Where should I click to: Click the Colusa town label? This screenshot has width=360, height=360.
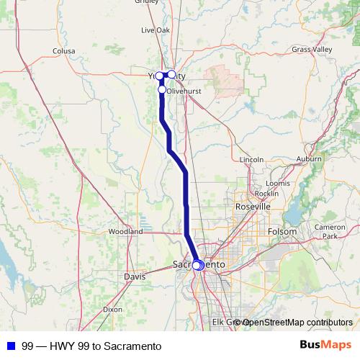[x=64, y=51]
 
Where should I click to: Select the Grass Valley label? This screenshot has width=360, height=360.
[x=312, y=49]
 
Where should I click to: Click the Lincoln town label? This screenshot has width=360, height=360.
[x=252, y=158]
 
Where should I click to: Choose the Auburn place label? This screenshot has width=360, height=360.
[x=309, y=158]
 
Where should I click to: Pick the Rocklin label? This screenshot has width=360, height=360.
[x=266, y=193]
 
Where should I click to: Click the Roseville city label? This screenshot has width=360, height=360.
[x=253, y=207]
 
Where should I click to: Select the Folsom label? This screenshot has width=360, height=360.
[x=282, y=232]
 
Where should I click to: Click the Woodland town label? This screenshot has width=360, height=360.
[x=125, y=232]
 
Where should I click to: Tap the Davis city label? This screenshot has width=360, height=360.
[x=135, y=276]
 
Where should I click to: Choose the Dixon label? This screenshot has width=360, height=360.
[x=112, y=308]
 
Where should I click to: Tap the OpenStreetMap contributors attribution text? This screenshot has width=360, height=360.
[x=297, y=322]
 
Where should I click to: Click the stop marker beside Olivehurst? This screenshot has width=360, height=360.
[x=163, y=90]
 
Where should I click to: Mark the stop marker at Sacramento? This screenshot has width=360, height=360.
[x=197, y=265]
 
